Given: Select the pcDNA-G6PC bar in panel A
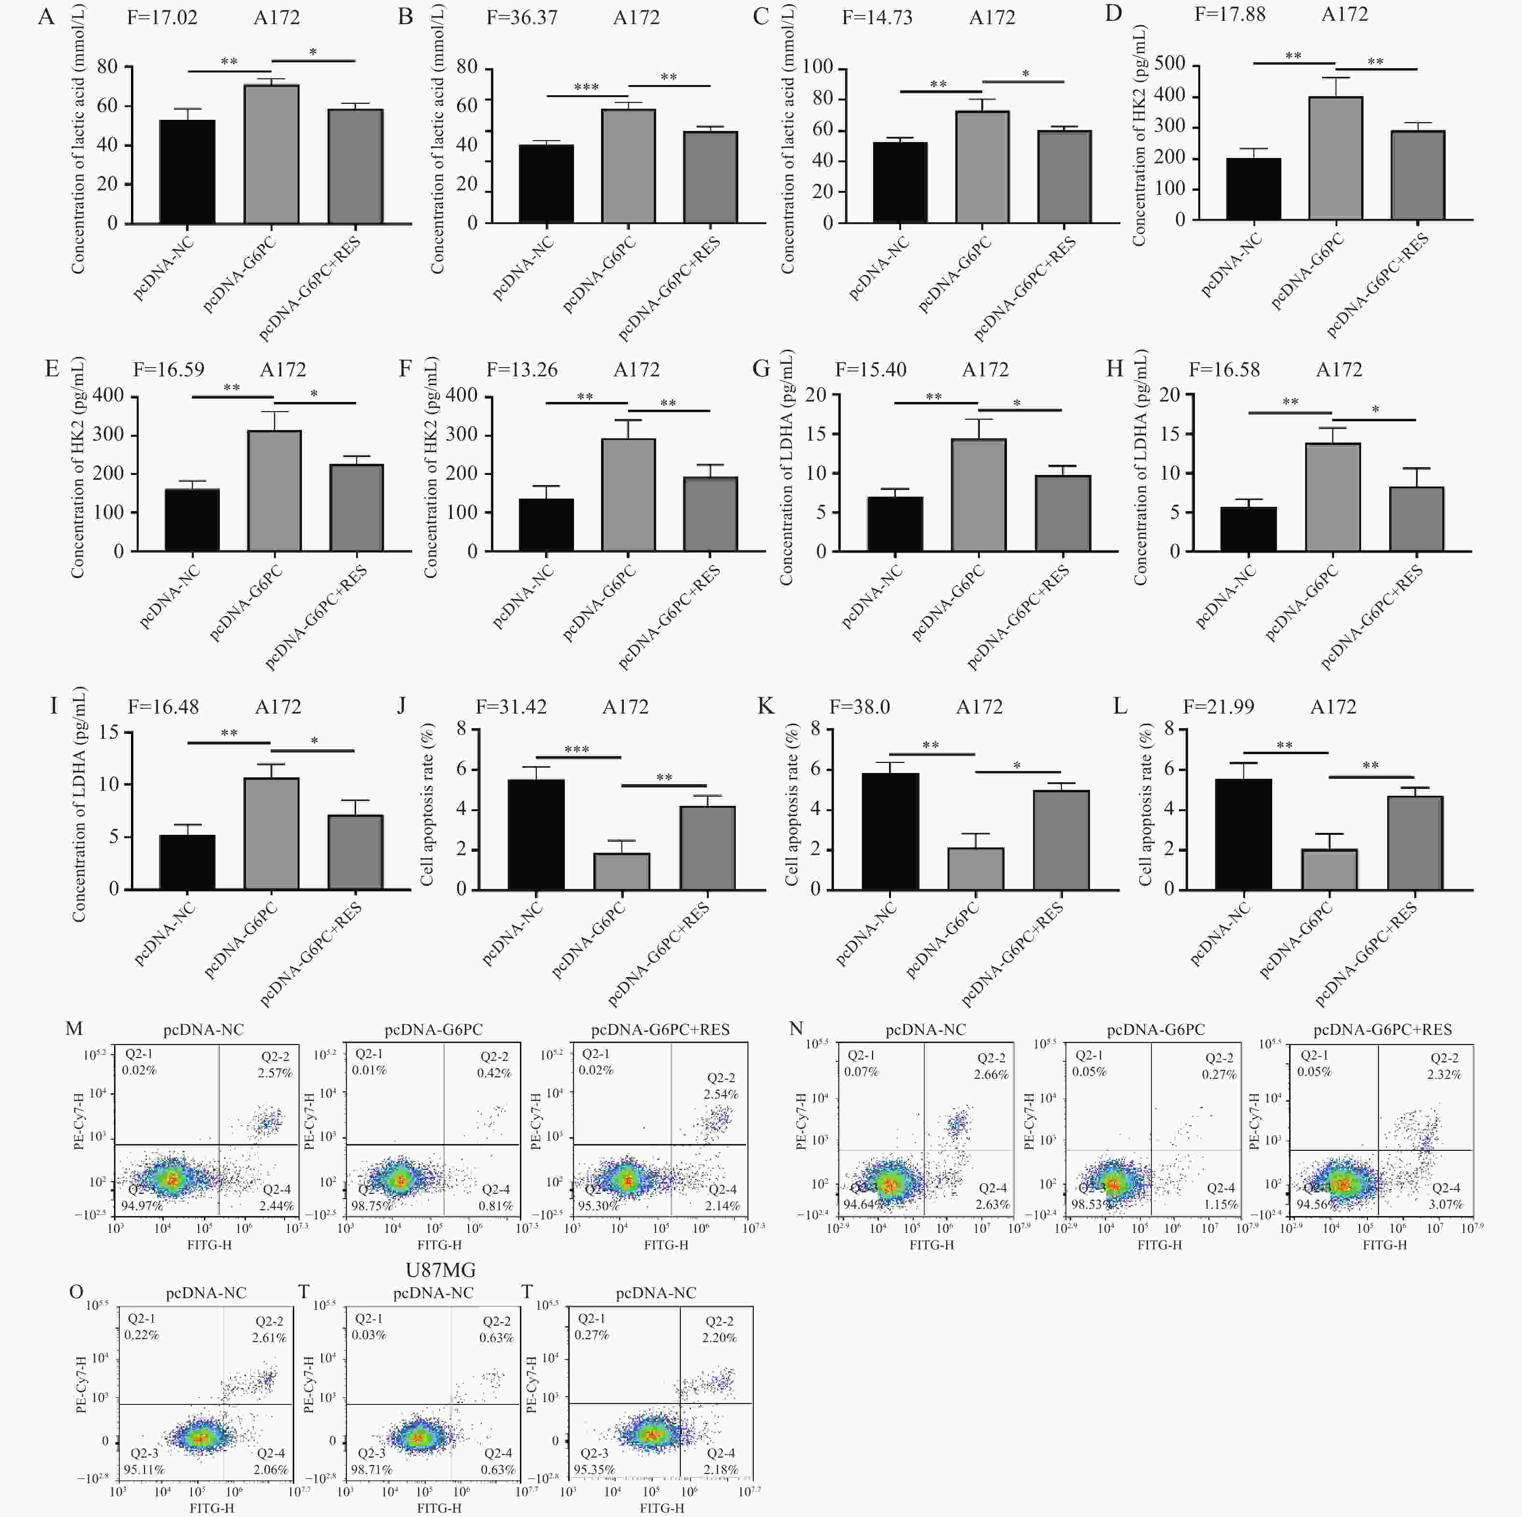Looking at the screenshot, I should click(271, 154).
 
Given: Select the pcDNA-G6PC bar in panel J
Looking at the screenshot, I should click(621, 871).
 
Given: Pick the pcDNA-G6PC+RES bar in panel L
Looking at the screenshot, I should click(1415, 842).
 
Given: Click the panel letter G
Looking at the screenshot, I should click(761, 370).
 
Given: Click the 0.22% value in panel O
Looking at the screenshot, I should click(142, 1335).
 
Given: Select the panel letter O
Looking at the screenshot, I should click(76, 1292).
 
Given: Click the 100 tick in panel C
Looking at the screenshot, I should click(818, 67).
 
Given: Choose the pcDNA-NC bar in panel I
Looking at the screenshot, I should click(187, 862).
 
